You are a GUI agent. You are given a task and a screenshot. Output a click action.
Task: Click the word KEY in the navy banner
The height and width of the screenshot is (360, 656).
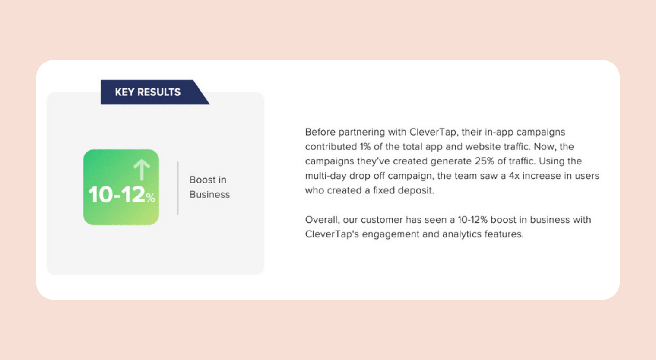pos(124,92)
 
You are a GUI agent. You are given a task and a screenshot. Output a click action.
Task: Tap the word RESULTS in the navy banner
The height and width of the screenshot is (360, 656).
pos(159,92)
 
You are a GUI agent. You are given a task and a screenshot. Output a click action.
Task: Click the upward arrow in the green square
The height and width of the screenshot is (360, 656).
pos(142,170)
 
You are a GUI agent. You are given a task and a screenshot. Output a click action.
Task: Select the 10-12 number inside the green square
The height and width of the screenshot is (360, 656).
pos(116,194)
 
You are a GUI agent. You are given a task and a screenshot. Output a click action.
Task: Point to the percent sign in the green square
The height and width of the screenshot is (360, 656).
pos(151,198)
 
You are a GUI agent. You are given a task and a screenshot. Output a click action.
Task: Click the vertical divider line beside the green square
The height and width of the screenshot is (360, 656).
pos(178,188)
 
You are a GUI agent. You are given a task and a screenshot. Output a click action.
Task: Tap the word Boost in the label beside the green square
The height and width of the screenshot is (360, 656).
pos(203,180)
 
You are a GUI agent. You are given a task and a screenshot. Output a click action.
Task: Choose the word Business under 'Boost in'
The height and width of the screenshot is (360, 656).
pos(210,195)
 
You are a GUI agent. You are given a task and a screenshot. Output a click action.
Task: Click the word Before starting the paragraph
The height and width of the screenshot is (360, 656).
pos(320,132)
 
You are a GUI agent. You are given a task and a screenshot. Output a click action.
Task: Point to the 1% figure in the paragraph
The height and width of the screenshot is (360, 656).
pos(365,147)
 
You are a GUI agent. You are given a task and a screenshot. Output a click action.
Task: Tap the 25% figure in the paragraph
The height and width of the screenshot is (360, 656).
pos(485,161)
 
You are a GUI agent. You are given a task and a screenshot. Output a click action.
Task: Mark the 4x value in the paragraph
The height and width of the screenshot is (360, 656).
pos(514,176)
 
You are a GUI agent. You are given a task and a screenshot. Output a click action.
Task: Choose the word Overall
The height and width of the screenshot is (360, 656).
pos(322,220)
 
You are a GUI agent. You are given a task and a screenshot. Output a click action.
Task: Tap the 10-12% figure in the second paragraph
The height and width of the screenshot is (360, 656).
pos(472,220)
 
